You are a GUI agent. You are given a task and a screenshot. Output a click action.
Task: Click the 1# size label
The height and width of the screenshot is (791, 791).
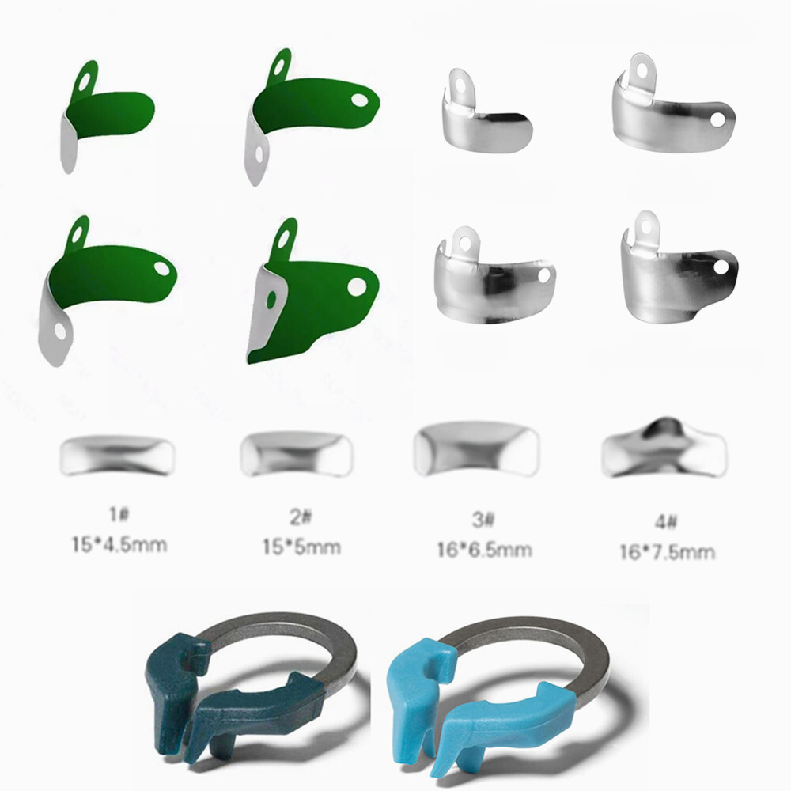click(x=119, y=514)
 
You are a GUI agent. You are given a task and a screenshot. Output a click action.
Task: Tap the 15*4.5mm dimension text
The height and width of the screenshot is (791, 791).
click(x=119, y=545)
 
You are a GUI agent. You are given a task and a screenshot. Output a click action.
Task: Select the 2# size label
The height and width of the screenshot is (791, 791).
click(x=301, y=517)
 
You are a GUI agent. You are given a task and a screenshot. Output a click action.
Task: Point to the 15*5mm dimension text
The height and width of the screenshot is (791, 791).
click(x=301, y=547)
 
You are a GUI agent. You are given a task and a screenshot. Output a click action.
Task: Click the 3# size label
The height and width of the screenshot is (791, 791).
click(x=483, y=519)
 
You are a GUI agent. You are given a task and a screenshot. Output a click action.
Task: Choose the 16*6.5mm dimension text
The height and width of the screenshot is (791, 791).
click(x=484, y=550)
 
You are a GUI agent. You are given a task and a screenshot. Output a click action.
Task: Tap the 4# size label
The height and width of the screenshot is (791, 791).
click(x=666, y=521)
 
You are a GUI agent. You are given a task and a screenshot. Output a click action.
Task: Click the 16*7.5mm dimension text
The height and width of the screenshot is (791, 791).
click(x=667, y=552)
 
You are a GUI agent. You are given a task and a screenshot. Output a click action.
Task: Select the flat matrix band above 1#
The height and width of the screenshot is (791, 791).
click(x=117, y=456)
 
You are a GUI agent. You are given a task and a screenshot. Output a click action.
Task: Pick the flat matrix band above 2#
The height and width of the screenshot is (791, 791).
click(x=296, y=454)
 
